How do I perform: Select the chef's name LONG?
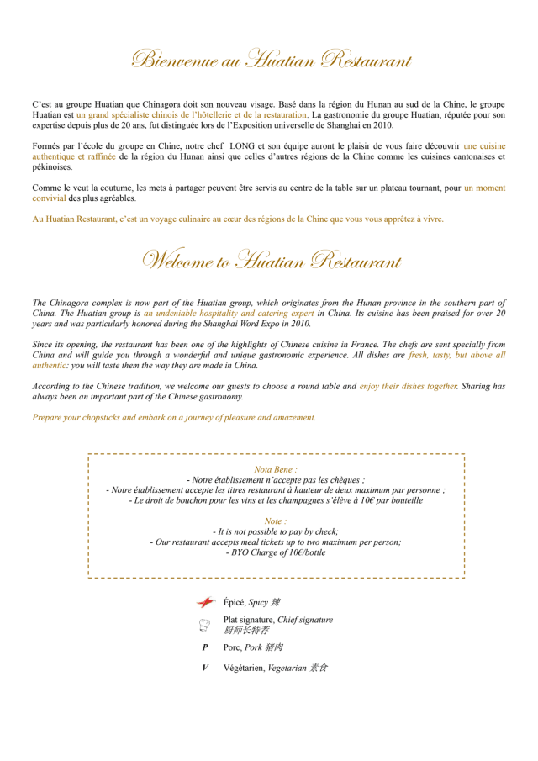[x=243, y=145]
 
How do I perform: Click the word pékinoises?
[x=52, y=166]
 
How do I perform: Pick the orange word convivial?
[x=49, y=198]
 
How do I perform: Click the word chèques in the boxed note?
[x=347, y=479]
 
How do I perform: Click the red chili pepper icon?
[x=205, y=602]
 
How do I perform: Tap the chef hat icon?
[x=204, y=625]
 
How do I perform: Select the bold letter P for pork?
[x=205, y=648]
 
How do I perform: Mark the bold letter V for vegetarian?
[x=205, y=668]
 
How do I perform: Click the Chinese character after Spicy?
[x=276, y=602]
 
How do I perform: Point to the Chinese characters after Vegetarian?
[x=319, y=668]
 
